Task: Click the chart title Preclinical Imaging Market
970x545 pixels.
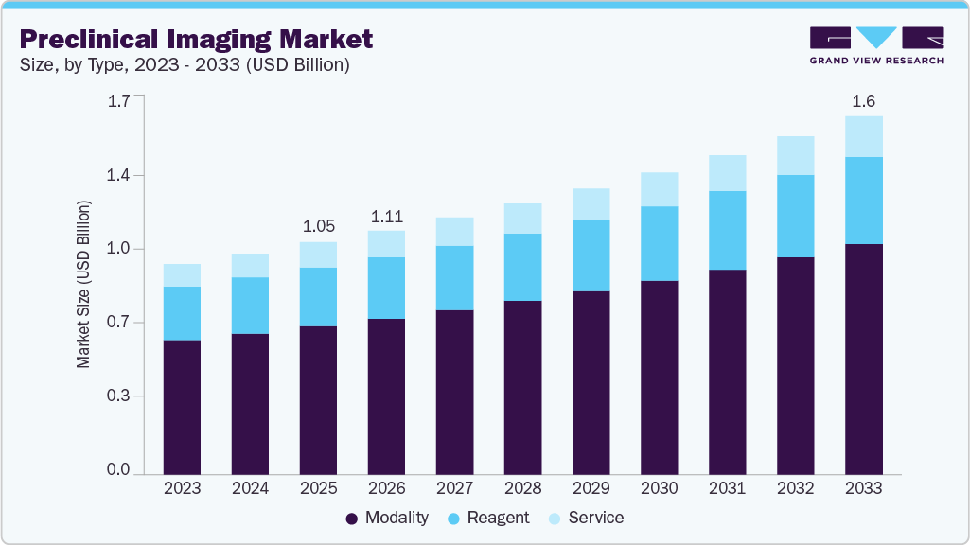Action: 196,39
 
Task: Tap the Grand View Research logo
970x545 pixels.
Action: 876,45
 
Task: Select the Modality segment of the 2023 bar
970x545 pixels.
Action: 182,407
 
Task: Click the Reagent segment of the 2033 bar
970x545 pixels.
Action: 863,201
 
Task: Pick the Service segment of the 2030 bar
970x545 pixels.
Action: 659,189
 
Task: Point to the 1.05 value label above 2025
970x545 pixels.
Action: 318,226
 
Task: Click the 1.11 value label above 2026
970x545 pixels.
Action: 386,216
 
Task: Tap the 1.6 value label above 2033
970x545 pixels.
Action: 863,101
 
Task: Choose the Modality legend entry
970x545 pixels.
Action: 387,518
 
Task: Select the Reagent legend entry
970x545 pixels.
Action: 488,518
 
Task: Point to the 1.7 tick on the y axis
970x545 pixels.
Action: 118,101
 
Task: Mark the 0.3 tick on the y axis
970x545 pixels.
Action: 118,396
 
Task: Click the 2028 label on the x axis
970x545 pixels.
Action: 522,488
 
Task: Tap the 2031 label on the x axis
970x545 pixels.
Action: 727,488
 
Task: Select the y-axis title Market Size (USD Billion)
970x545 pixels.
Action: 84,284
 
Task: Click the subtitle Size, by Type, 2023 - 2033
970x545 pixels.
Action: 185,65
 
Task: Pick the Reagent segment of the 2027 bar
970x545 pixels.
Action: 454,278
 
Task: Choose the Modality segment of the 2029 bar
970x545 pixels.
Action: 591,382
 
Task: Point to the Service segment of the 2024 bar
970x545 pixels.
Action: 250,265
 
